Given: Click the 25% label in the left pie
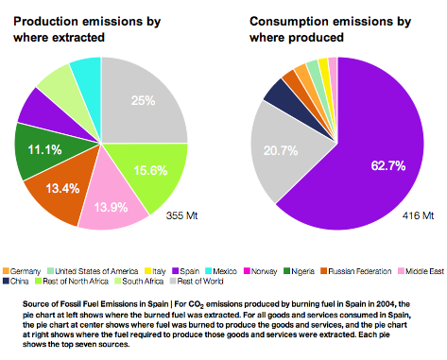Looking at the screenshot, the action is pyautogui.click(x=144, y=101).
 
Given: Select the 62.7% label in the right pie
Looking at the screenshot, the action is pyautogui.click(x=388, y=165).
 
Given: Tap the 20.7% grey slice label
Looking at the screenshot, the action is pyautogui.click(x=281, y=151).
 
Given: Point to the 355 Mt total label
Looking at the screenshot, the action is pyautogui.click(x=181, y=215).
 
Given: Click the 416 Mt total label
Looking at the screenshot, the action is pyautogui.click(x=418, y=215).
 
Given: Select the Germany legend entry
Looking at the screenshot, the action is pyautogui.click(x=22, y=271).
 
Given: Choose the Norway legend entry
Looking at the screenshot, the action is pyautogui.click(x=260, y=271).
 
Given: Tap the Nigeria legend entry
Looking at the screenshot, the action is pyautogui.click(x=299, y=271).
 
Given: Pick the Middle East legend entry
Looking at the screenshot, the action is pyautogui.click(x=421, y=271).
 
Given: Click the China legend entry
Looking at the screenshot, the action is pyautogui.click(x=16, y=281).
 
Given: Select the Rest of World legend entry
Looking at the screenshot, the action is pyautogui.click(x=197, y=281).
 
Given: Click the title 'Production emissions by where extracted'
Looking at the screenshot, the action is pyautogui.click(x=87, y=29).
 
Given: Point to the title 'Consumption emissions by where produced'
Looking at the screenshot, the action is pyautogui.click(x=330, y=29).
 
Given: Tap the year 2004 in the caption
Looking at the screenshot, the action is pyautogui.click(x=387, y=304).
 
